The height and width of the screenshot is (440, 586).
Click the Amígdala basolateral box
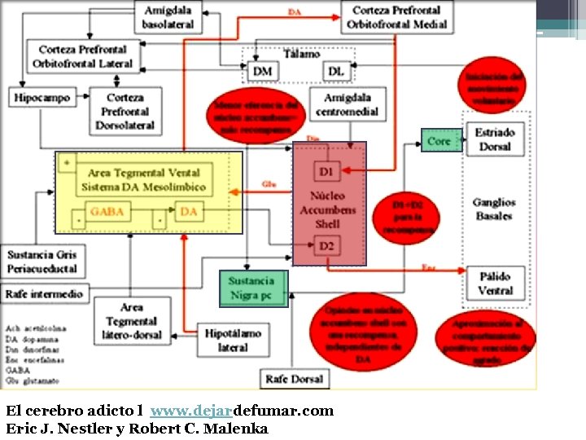point(168,17)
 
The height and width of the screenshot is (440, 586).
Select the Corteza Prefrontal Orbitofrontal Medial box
point(397,17)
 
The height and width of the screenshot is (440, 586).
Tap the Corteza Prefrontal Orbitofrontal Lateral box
point(85,56)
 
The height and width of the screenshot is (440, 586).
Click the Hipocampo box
point(42,98)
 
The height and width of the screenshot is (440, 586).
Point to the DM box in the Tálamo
point(262,72)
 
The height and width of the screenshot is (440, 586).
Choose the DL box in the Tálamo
point(336,72)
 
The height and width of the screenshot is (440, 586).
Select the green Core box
point(439,141)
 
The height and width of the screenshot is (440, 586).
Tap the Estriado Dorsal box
point(496,139)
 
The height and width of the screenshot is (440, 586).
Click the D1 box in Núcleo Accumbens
point(326,172)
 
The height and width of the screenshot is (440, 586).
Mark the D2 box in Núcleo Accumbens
point(326,245)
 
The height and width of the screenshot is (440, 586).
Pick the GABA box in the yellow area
point(107,212)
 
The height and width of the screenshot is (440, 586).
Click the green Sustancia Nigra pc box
point(251,288)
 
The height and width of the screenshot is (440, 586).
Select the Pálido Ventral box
point(496,284)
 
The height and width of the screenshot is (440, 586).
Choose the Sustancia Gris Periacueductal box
point(42,261)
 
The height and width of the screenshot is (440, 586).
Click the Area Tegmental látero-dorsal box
point(132,320)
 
